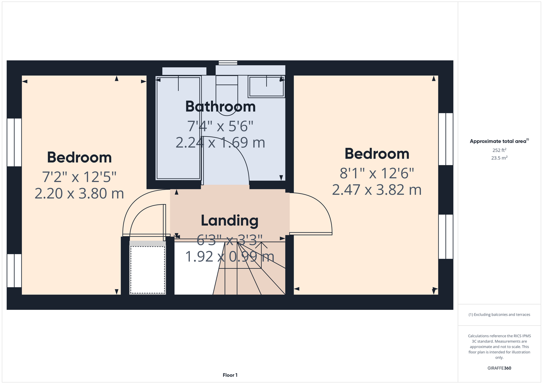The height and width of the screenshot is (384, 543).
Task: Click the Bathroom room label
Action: point(220,107)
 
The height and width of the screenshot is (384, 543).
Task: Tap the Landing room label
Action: point(229,221)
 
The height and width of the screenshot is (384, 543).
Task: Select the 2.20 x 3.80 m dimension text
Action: point(79,194)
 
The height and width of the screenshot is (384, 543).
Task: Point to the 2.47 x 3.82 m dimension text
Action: point(377,190)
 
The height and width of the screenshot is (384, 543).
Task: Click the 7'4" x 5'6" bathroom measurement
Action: point(220,126)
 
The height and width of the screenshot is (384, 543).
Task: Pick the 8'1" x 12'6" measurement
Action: point(377,174)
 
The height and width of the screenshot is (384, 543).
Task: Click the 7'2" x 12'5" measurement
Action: point(79,177)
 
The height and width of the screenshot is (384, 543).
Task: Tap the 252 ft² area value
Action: point(499,150)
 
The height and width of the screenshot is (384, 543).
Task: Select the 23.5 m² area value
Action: point(499,158)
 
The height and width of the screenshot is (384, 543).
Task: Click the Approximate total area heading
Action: point(499,141)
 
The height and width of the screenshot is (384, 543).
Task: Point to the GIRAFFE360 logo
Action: point(499,368)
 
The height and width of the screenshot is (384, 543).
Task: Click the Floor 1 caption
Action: point(230,375)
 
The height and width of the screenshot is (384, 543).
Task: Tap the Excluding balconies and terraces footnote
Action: point(499,314)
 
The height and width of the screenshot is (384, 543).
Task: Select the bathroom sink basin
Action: point(266,87)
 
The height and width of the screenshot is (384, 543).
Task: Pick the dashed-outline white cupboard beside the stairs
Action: point(148,270)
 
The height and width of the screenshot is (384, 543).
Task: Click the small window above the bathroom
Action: point(228,63)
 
